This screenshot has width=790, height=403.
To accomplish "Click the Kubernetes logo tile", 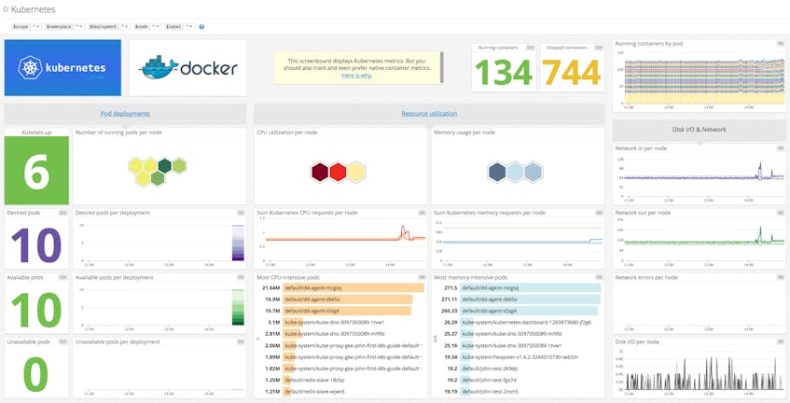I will [x=62, y=67].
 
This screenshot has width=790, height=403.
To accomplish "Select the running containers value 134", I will [x=503, y=71].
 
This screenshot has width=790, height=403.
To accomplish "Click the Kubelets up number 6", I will [x=35, y=170].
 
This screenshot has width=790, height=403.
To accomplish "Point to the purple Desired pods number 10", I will [x=35, y=244].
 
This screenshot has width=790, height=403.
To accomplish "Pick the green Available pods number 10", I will [x=35, y=309].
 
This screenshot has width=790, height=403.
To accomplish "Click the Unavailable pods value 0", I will [x=35, y=373].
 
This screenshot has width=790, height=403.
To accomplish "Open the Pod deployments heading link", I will [x=125, y=114].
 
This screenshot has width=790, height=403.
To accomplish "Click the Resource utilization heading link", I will [x=429, y=114].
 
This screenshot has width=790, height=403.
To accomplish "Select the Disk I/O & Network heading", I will [x=699, y=129].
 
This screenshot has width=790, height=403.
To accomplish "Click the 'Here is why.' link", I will [x=355, y=75].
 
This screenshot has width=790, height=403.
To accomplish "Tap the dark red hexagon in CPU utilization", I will [x=320, y=171].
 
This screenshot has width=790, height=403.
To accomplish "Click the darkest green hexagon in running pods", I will [x=164, y=166].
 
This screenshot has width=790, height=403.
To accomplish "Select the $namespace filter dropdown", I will [x=65, y=26].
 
